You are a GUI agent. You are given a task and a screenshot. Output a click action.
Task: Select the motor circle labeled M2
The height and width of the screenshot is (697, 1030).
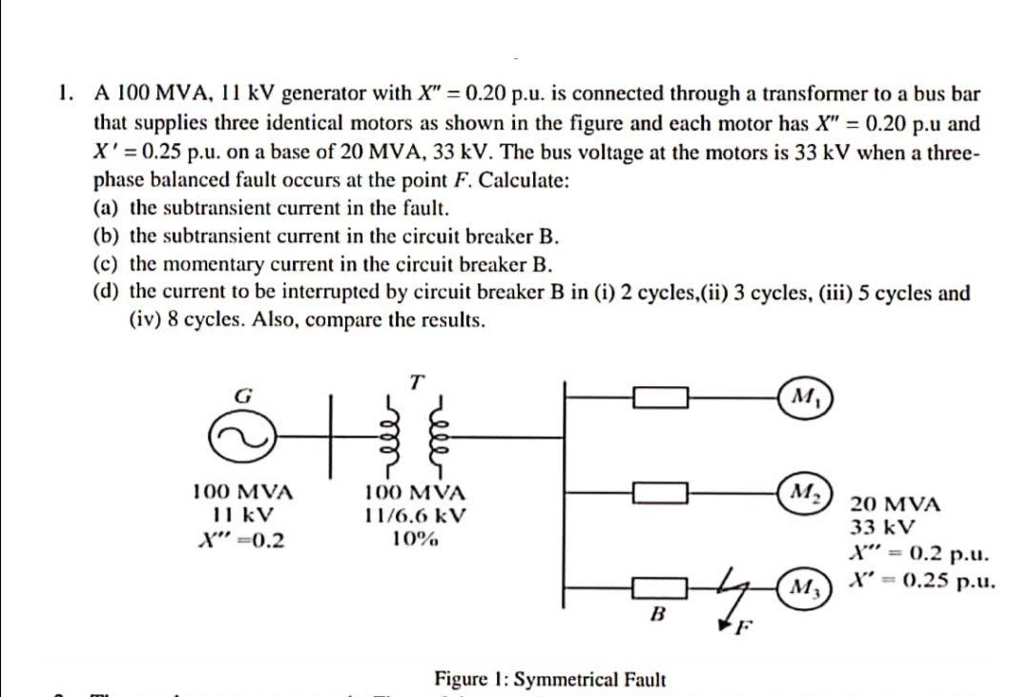point(802,492)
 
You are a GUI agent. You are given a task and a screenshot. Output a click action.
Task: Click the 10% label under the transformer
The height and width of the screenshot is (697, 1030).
point(415,539)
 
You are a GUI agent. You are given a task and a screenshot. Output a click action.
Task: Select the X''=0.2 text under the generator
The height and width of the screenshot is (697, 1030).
point(242,539)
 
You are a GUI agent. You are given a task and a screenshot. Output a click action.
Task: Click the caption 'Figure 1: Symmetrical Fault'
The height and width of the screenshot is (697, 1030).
point(550,679)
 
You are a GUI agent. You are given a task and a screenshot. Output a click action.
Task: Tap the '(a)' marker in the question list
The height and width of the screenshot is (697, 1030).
point(107,208)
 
